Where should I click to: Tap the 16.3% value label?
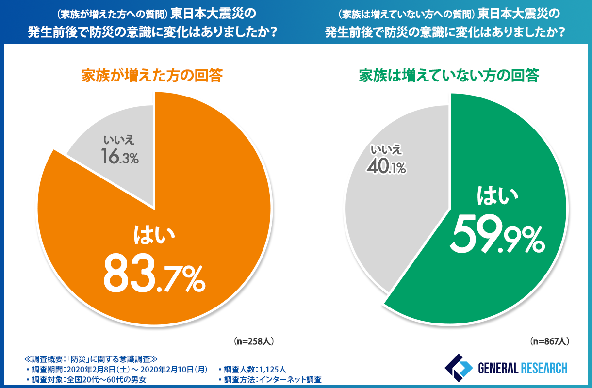point(119,156)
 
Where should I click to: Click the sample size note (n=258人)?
point(254,341)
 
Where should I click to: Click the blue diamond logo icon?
point(456,367)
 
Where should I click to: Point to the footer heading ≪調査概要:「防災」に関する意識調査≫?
point(90,359)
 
